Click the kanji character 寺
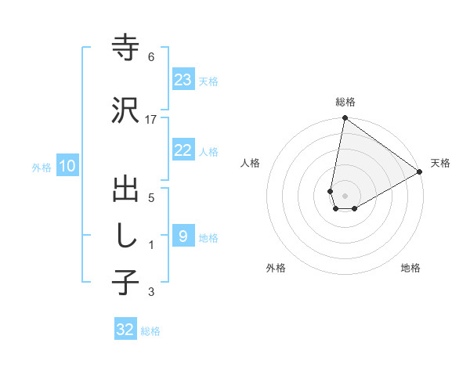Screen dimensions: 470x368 coord(125,49)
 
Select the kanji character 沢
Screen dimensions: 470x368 coord(125,110)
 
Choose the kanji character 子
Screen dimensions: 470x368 coord(125,282)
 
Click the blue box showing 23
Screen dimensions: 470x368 coord(183,80)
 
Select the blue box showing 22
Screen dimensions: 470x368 coord(183,150)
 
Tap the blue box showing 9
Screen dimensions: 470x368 coord(183,236)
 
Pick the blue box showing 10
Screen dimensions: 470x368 coord(67,166)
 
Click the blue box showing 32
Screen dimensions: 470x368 coord(125,330)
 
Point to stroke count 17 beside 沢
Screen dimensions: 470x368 coord(151,119)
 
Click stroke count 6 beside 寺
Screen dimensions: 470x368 coord(151,57)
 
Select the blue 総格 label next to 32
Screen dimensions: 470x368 coord(150,331)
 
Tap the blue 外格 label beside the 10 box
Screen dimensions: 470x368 coord(42,167)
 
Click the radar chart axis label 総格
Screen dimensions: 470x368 coord(345,103)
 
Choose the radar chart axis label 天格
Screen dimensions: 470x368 coord(440,163)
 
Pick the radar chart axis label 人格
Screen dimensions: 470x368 coord(250,163)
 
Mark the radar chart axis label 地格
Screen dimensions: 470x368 coord(410,268)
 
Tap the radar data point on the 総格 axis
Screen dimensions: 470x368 coord(345,118)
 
